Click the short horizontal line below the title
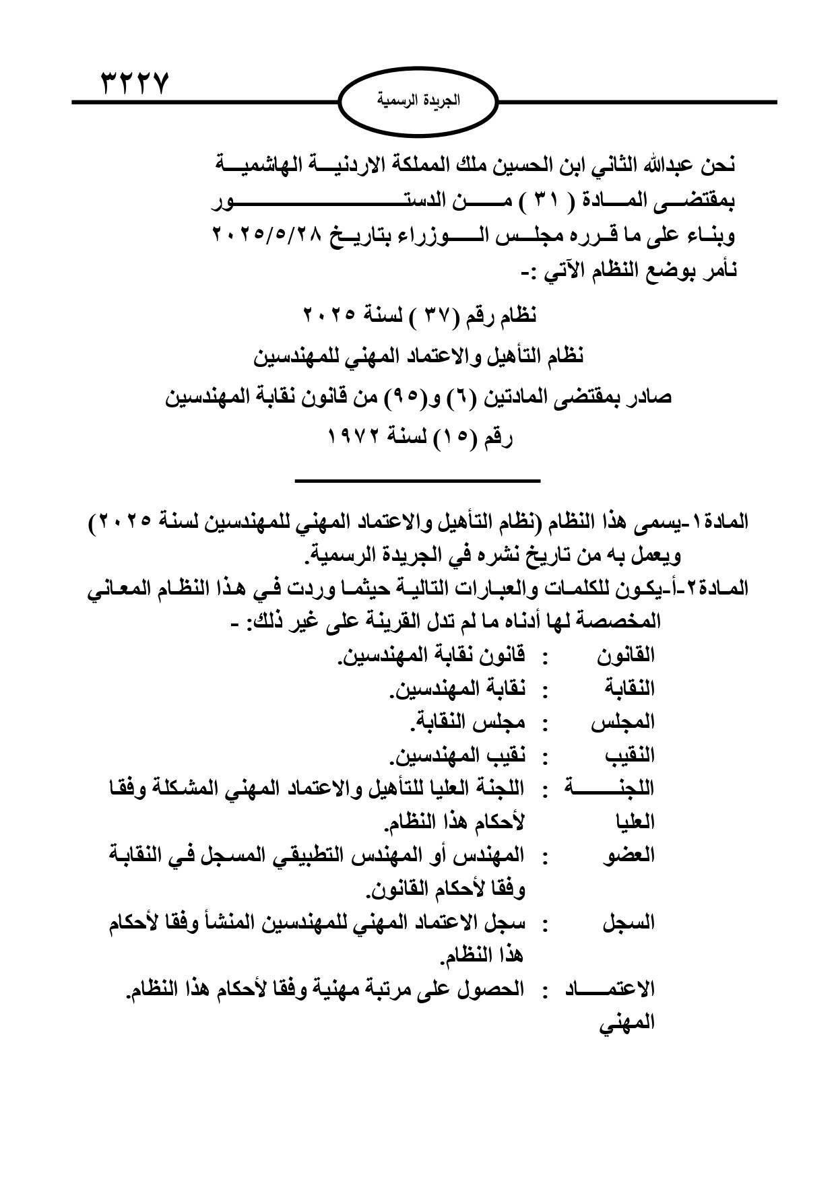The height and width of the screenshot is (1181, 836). click(x=418, y=480)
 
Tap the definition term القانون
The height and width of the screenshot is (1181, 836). click(x=626, y=654)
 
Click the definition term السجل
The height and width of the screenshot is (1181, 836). click(x=629, y=922)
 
